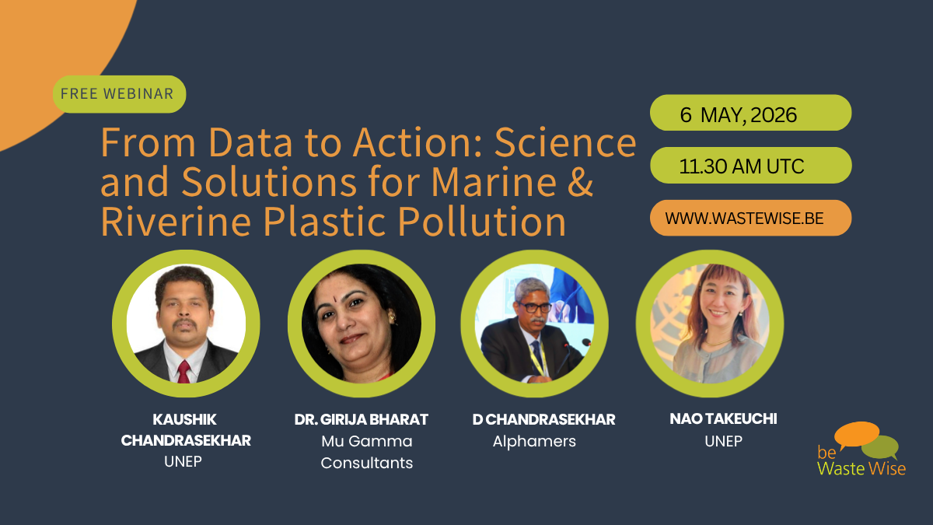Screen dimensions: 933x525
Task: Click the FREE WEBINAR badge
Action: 119,94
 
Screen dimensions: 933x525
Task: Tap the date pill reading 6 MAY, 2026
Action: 750,113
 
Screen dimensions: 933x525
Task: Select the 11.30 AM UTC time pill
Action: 750,166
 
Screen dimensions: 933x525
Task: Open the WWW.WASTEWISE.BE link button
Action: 750,218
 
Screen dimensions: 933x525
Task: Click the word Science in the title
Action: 565,143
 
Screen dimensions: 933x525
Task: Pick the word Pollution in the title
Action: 481,221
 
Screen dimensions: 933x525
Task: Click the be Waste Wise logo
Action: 861,450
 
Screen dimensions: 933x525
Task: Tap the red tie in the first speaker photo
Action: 183,372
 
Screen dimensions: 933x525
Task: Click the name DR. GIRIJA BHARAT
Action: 361,419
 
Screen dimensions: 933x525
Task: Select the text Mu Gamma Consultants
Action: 366,452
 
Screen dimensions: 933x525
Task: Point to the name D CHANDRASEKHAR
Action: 543,419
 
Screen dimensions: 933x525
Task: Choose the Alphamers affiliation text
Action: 534,441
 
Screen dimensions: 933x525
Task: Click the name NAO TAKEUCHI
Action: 723,418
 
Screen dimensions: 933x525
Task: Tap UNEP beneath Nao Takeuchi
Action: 723,441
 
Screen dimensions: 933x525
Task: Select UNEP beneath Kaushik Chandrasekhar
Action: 183,461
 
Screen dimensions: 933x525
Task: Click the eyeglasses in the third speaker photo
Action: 535,307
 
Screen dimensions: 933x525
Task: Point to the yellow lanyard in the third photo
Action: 537,359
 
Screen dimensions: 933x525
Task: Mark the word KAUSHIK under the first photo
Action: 184,419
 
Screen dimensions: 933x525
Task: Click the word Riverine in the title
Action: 176,221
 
